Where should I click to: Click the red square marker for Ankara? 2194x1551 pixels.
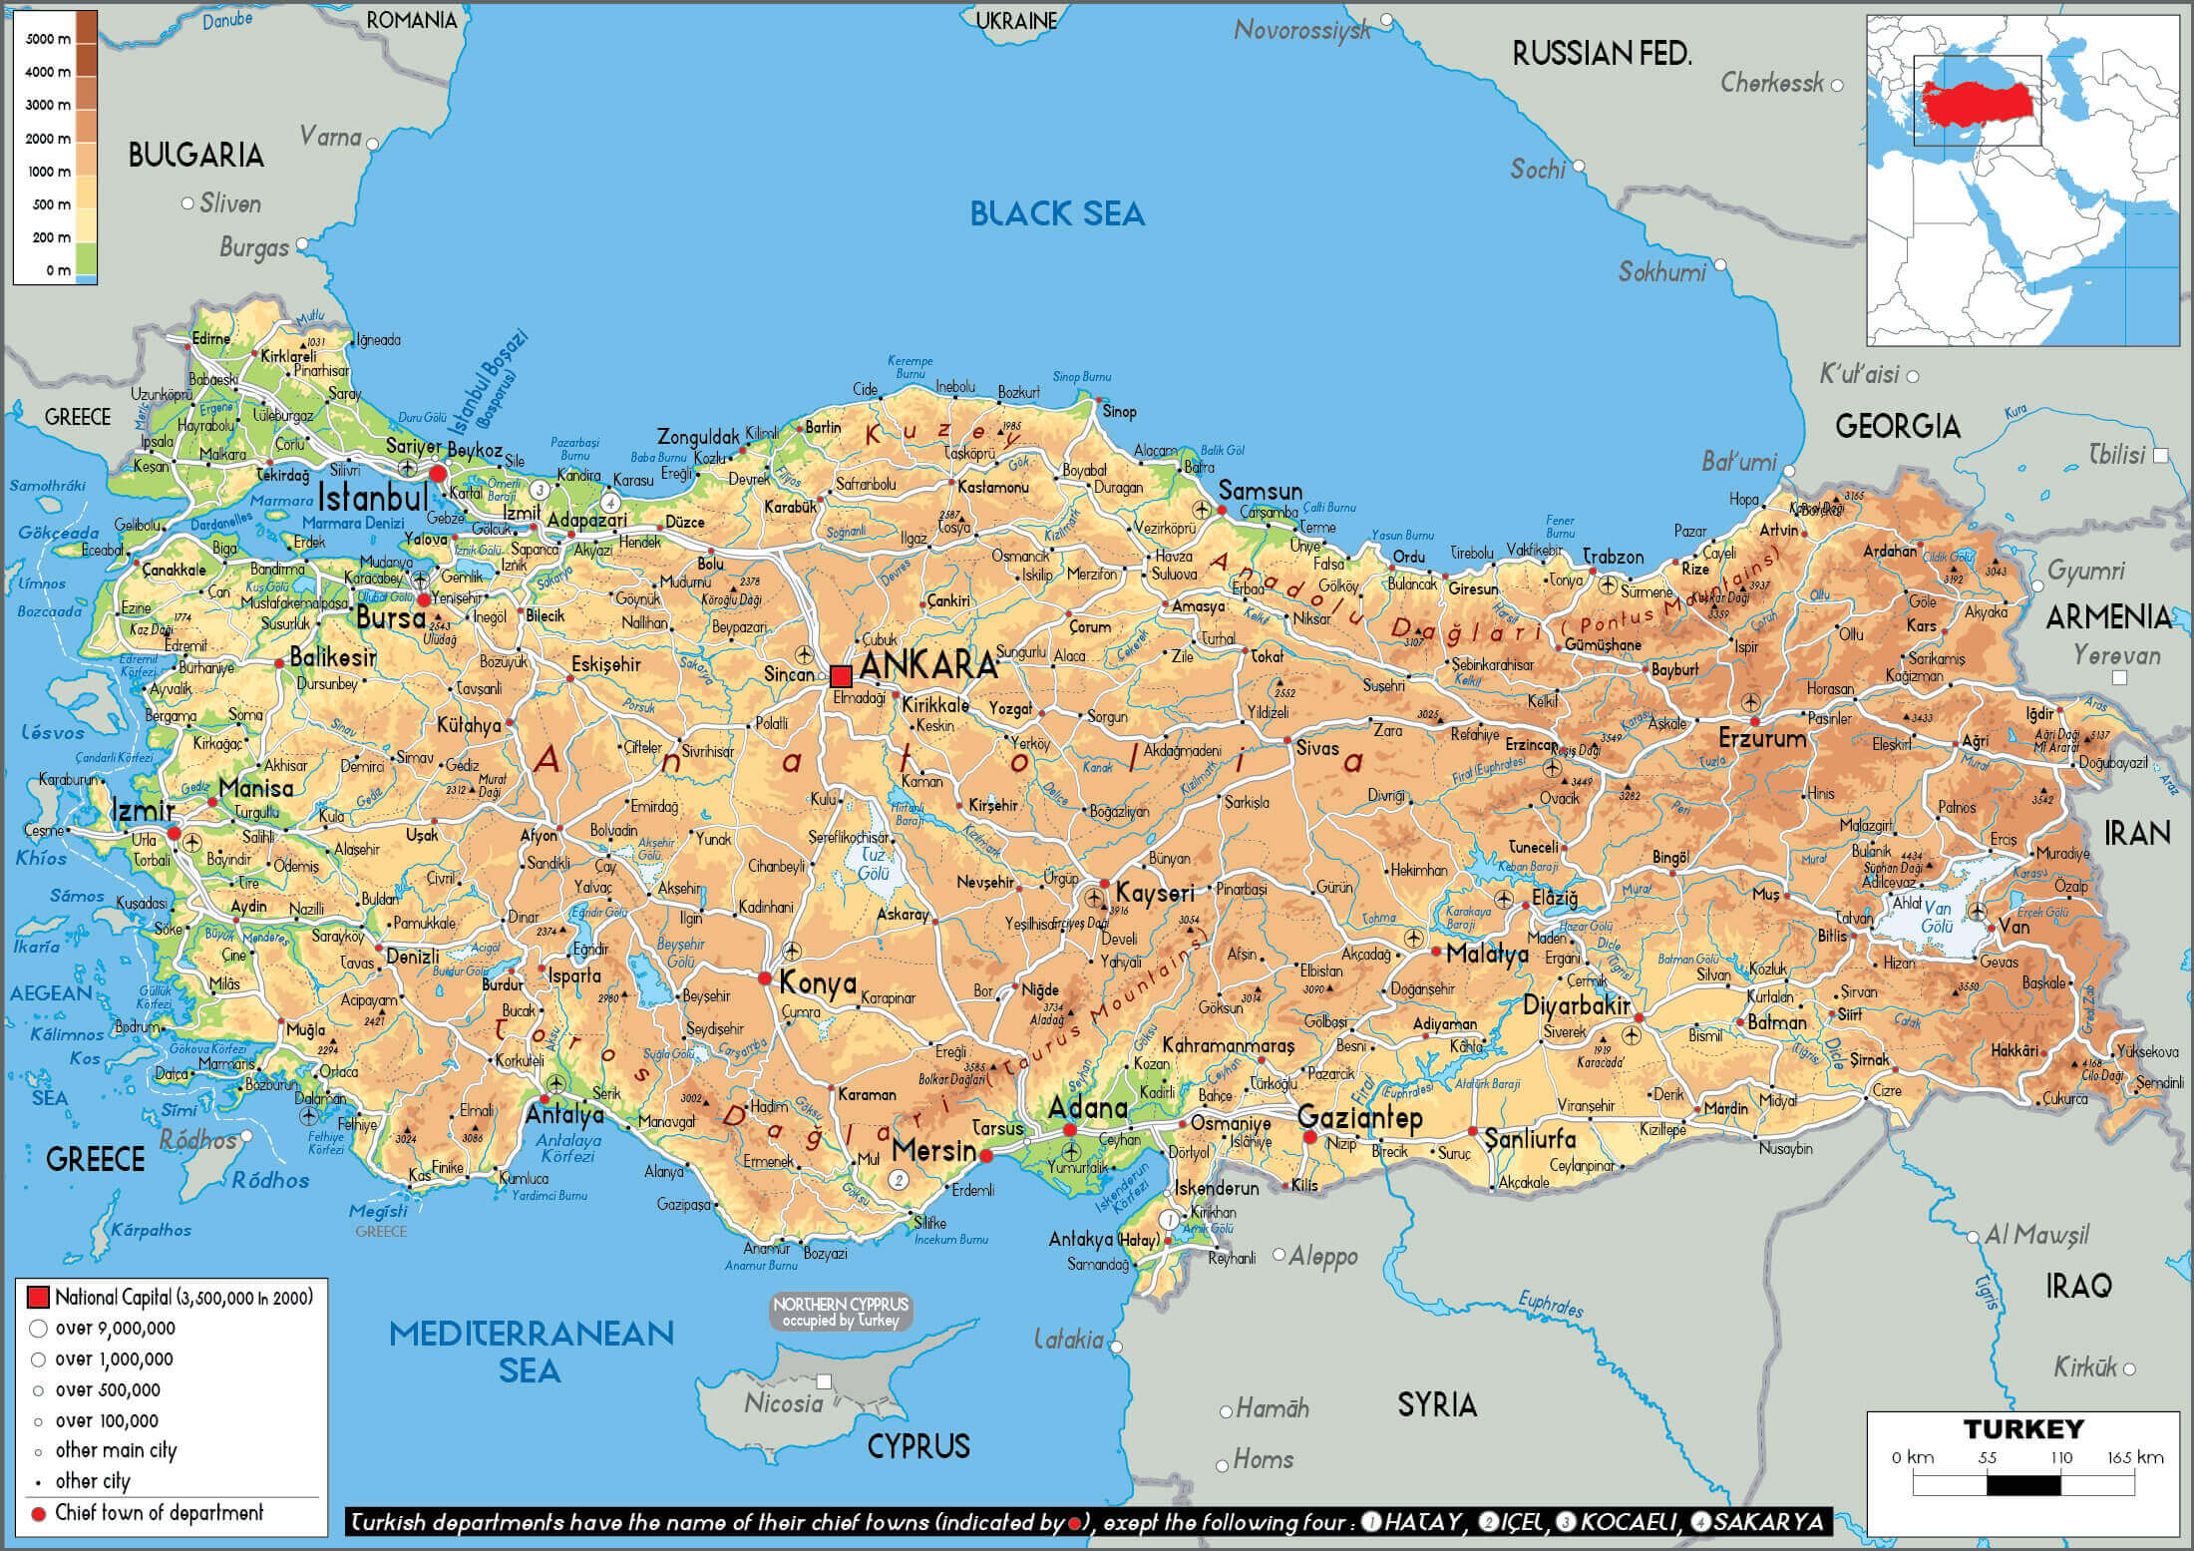tap(841, 675)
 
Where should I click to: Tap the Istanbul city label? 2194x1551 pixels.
tap(373, 496)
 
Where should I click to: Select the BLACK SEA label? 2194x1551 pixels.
tap(1057, 213)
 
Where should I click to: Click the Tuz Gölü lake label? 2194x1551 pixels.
tap(875, 865)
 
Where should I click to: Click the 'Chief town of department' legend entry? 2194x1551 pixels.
tap(159, 1513)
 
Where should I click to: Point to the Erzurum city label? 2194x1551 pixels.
tap(1762, 739)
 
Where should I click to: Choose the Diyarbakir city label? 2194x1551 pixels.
tap(1576, 1005)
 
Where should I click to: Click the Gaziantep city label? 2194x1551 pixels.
tap(1360, 1118)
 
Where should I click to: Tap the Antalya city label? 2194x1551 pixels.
tap(564, 1115)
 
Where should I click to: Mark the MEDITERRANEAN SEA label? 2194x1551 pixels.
tap(531, 1352)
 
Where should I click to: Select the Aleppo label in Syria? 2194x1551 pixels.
tap(1323, 1257)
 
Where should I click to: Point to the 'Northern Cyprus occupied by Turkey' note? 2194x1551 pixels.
tap(841, 1312)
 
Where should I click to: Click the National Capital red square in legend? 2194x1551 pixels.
tap(38, 1297)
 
